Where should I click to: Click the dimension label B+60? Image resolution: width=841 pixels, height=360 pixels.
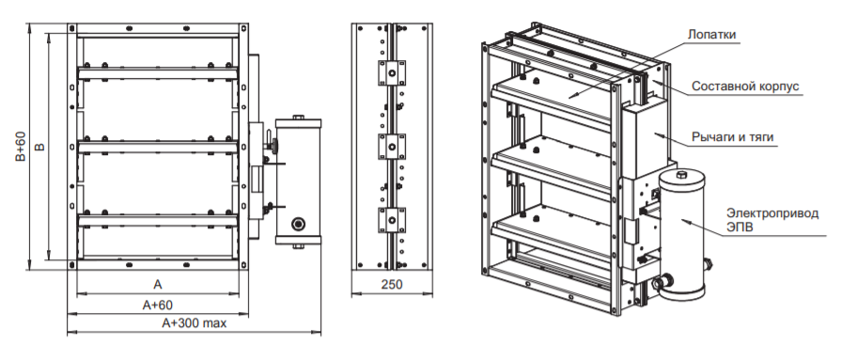point(21,146)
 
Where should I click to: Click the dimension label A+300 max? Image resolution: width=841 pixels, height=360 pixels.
point(195,323)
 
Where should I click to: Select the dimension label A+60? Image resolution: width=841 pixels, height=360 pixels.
point(158,305)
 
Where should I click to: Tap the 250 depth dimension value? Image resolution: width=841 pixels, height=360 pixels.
point(392,285)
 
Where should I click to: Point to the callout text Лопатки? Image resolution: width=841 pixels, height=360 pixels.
point(711,35)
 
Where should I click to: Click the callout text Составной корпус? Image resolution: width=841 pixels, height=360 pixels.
point(745,86)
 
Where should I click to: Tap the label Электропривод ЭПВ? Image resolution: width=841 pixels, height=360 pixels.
point(772,220)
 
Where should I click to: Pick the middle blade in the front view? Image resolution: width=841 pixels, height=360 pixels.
point(158,147)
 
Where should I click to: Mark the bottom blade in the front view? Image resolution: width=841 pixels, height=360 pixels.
point(158,220)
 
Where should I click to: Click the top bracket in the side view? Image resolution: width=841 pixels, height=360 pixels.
point(392,73)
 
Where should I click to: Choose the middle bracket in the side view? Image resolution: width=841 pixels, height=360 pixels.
point(392,147)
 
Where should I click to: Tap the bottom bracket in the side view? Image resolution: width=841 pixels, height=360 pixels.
point(392,220)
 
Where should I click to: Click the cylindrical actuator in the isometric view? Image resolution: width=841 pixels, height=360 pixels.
point(681,234)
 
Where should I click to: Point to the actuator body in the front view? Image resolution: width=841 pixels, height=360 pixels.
point(298,182)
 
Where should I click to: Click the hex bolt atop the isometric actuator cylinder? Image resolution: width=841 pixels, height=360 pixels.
point(681,176)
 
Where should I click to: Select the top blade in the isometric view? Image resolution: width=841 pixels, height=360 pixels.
point(553,97)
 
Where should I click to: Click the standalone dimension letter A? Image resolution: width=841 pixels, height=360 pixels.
point(158,285)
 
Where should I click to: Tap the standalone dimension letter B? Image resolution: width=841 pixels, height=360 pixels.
point(39,146)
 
